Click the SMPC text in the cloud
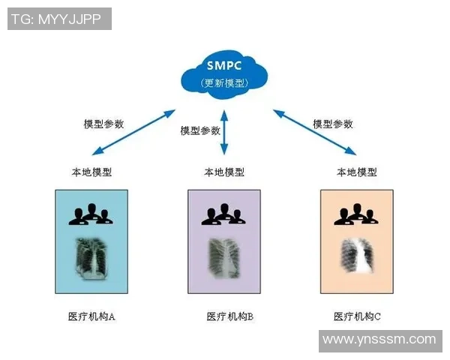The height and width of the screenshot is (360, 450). [224, 64]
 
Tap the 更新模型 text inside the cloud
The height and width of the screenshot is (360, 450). [224, 82]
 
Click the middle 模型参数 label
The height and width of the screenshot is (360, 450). [200, 130]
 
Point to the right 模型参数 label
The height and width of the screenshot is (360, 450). [332, 124]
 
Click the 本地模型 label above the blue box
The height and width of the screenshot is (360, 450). [92, 172]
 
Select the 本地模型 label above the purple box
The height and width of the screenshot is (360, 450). [224, 172]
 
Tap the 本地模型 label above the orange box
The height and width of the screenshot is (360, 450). [356, 172]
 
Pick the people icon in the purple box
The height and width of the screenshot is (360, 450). [223, 214]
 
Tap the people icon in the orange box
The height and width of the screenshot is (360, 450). [355, 214]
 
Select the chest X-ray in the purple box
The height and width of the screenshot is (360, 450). [223, 259]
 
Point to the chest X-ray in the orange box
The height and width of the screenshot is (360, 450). [356, 259]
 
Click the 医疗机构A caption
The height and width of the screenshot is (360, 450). [91, 316]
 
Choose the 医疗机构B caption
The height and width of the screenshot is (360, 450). [229, 316]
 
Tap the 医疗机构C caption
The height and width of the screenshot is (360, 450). [357, 316]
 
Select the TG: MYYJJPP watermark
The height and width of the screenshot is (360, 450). [59, 19]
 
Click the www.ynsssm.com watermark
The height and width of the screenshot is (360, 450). [378, 340]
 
